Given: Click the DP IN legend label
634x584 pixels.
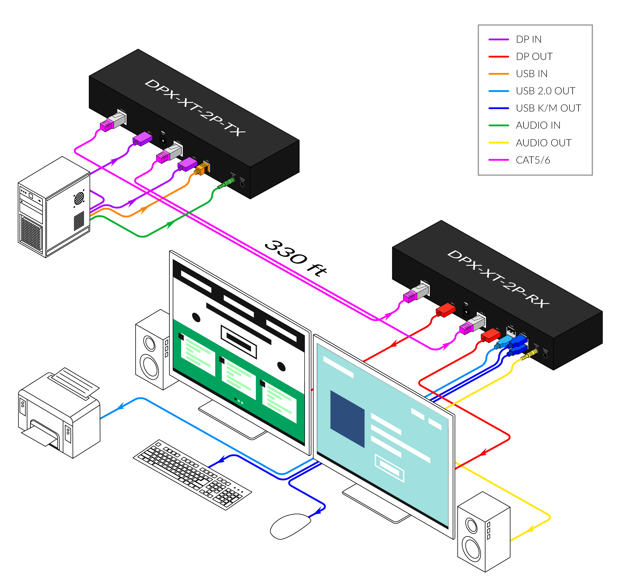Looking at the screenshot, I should [x=528, y=40].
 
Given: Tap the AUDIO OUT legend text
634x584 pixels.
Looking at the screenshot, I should [x=543, y=143].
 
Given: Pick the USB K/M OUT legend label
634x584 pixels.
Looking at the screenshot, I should [x=548, y=108].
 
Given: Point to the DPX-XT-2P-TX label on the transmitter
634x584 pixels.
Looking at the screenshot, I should [x=195, y=108].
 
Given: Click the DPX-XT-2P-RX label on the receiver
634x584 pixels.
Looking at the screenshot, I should [x=498, y=279].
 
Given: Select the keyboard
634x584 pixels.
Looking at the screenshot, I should [x=192, y=474].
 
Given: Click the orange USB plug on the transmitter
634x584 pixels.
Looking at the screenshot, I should [x=202, y=169].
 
